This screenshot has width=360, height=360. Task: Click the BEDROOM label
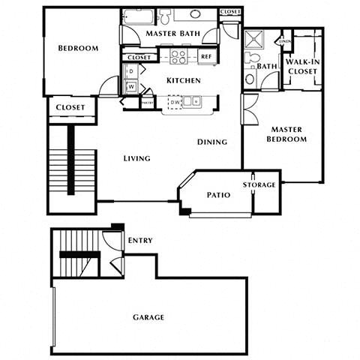79,49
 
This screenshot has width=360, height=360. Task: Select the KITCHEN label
182,79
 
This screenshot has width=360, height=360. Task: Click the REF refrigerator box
205,57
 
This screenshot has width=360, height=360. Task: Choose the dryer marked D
130,71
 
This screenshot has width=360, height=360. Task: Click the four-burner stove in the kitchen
178,56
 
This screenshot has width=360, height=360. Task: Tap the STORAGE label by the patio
259,184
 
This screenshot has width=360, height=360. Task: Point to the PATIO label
218,195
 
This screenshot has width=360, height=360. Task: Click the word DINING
212,142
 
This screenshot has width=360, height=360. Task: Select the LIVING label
137,158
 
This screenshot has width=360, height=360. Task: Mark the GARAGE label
148,317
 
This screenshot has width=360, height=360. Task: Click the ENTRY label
140,241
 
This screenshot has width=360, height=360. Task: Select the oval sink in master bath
195,13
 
